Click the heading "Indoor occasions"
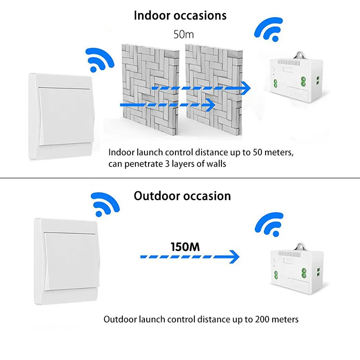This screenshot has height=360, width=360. click(x=180, y=15)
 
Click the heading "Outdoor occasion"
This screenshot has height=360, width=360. click(x=182, y=196)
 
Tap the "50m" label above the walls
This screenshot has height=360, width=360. click(x=184, y=35)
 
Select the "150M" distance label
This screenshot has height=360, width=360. click(x=185, y=247)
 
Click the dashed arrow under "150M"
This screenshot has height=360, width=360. click(x=189, y=257)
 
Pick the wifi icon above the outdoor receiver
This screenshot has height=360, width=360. click(x=270, y=225)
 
